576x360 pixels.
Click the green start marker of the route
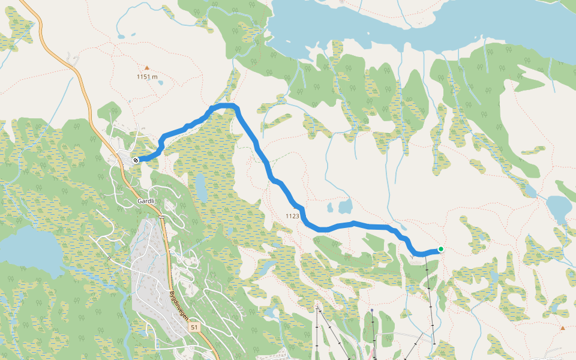440,249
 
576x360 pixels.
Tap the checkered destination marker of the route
136,160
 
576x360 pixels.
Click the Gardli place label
146,201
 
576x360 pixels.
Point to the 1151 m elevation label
147,77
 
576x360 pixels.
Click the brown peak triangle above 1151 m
146,68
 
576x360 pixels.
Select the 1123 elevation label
292,216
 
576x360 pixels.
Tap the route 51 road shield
194,328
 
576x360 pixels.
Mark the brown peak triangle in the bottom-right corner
562,328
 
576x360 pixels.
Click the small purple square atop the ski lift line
372,311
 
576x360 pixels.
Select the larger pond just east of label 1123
345,207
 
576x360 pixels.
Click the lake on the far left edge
24,246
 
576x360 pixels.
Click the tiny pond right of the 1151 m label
160,83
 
